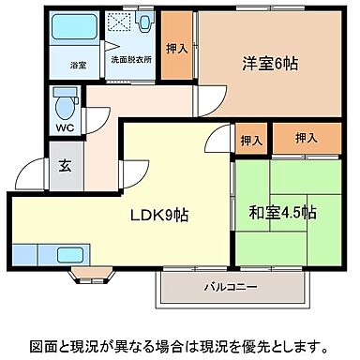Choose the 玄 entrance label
[x=65, y=168]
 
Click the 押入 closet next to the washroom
[x=175, y=49]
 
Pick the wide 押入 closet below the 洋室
[x=305, y=138]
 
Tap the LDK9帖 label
[x=159, y=215]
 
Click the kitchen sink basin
[x=69, y=252]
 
